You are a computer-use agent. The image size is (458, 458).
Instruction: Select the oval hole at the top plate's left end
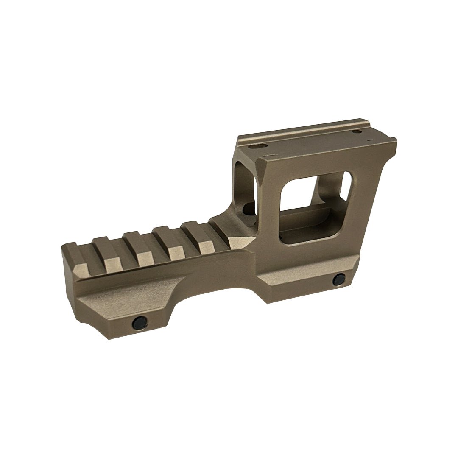(256, 146)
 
